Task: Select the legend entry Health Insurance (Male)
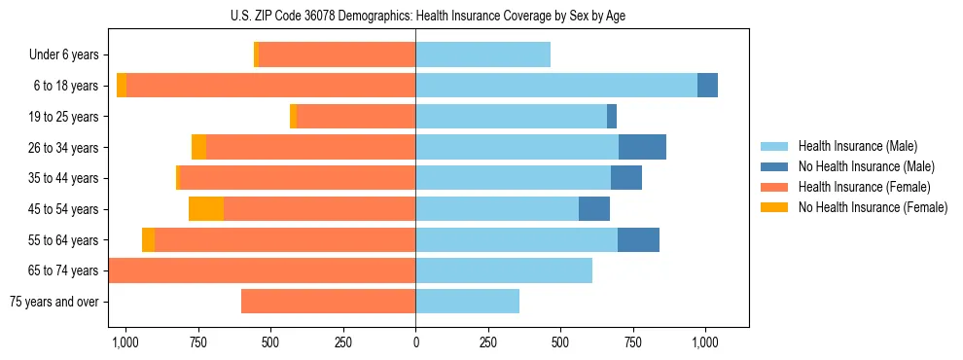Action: click(x=857, y=146)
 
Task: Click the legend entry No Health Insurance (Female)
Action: click(x=873, y=207)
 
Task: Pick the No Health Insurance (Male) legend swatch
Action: click(x=774, y=166)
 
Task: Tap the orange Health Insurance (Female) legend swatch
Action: click(x=774, y=187)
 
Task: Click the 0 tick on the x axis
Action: click(x=415, y=342)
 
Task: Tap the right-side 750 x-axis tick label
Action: click(x=633, y=342)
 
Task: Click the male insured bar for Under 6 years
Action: click(x=482, y=55)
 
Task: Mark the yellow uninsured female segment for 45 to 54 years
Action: click(x=206, y=209)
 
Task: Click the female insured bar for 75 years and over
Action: click(x=328, y=302)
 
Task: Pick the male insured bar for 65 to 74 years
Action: click(x=504, y=270)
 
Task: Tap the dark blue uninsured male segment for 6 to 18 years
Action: click(x=707, y=86)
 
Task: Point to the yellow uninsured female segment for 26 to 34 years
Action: click(x=198, y=148)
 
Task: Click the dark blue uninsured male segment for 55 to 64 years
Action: click(x=638, y=240)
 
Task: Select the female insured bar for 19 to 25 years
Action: click(x=356, y=117)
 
